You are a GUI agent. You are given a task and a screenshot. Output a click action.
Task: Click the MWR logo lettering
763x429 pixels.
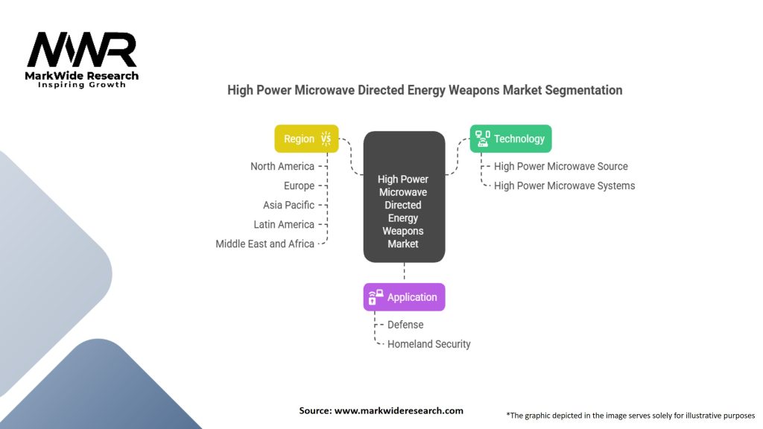click(x=82, y=50)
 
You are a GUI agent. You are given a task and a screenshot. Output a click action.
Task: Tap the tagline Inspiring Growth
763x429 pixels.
click(x=82, y=85)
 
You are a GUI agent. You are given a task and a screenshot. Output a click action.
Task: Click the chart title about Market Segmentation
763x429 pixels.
click(x=425, y=90)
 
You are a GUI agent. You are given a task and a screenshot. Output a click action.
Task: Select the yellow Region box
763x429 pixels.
click(x=306, y=139)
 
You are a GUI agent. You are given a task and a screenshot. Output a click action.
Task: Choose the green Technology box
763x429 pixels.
click(x=510, y=139)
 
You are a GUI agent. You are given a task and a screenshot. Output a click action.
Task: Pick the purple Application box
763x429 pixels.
click(x=404, y=296)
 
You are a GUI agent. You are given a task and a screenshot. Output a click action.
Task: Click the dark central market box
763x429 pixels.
click(x=404, y=197)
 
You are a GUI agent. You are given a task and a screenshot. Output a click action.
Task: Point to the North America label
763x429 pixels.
click(x=282, y=166)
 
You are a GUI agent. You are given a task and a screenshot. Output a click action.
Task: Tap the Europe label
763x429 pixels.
click(x=299, y=185)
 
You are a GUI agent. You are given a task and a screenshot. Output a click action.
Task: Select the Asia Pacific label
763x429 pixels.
click(x=288, y=206)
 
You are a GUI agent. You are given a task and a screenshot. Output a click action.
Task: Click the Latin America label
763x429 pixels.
click(x=284, y=225)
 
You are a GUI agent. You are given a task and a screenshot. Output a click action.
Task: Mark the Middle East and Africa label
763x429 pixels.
click(x=265, y=244)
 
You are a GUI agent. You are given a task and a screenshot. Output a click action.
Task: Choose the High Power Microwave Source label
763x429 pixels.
click(x=560, y=166)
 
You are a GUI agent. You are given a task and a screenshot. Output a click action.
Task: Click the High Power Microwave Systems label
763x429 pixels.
click(x=565, y=185)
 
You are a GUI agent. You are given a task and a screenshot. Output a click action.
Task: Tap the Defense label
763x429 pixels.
click(x=405, y=325)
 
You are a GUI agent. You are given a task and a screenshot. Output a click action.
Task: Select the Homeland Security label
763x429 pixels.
click(x=428, y=344)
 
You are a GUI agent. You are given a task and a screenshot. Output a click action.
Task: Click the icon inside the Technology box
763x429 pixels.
click(x=483, y=139)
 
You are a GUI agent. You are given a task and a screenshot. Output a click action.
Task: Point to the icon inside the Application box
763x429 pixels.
click(x=376, y=297)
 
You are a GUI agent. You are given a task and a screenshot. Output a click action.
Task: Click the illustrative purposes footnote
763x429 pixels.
click(x=630, y=416)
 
